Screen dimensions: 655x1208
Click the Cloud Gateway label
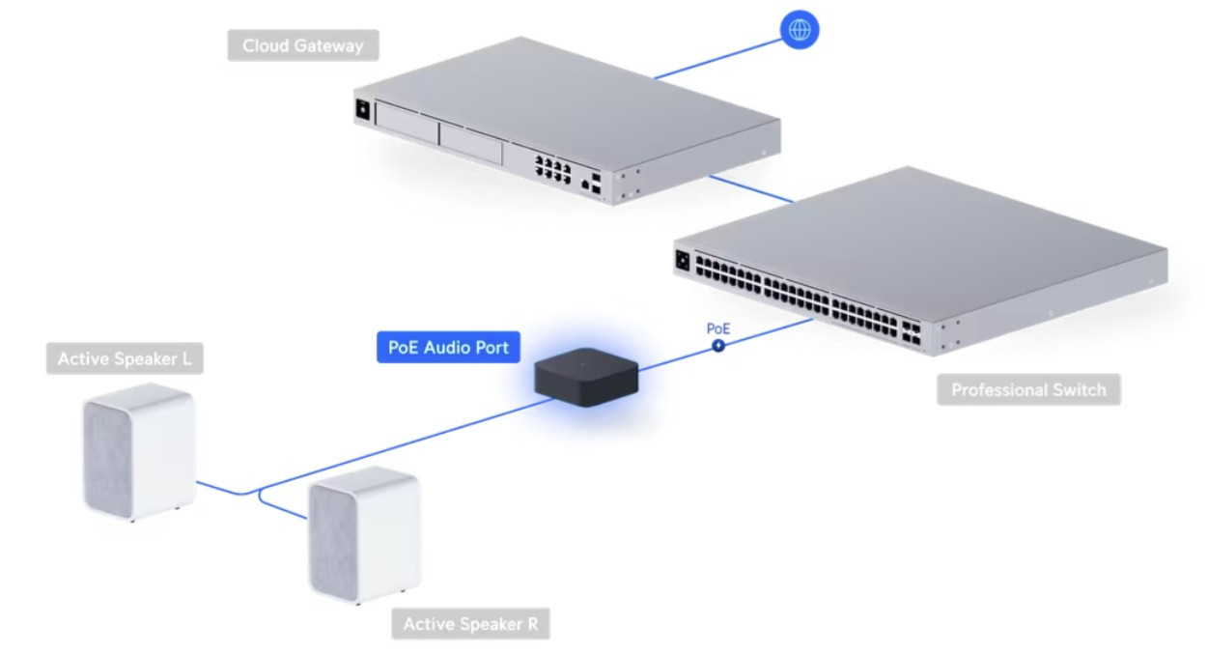pyautogui.click(x=302, y=45)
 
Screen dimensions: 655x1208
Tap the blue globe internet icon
pyautogui.click(x=799, y=30)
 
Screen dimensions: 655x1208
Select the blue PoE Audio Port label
pyautogui.click(x=447, y=347)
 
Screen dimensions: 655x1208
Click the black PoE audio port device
pyautogui.click(x=585, y=378)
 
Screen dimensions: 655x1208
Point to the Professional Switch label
pyautogui.click(x=1027, y=390)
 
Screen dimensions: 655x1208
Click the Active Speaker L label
pyautogui.click(x=124, y=359)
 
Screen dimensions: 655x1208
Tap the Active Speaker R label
pyautogui.click(x=470, y=623)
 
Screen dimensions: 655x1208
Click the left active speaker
pyautogui.click(x=138, y=452)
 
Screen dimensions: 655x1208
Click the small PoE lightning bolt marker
pyautogui.click(x=718, y=345)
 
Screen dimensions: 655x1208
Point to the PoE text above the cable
pyautogui.click(x=718, y=328)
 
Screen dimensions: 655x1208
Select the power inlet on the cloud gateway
pyautogui.click(x=363, y=109)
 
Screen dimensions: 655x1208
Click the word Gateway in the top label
pyautogui.click(x=331, y=45)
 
